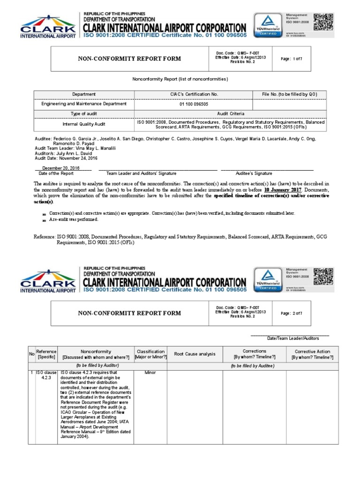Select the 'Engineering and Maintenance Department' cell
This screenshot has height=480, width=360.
point(84,104)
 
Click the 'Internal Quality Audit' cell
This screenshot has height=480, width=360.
point(84,124)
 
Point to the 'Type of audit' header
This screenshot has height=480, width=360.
point(84,114)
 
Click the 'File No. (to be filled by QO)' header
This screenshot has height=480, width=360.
point(289,94)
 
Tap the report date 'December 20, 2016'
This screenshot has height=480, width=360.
point(61,168)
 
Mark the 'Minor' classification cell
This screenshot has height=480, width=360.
point(150,373)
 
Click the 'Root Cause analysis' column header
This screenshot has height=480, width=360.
point(195,354)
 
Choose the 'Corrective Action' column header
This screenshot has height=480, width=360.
point(312,354)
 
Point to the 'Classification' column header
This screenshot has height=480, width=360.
point(150,354)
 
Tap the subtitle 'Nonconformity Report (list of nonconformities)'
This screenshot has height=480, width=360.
point(180,79)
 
